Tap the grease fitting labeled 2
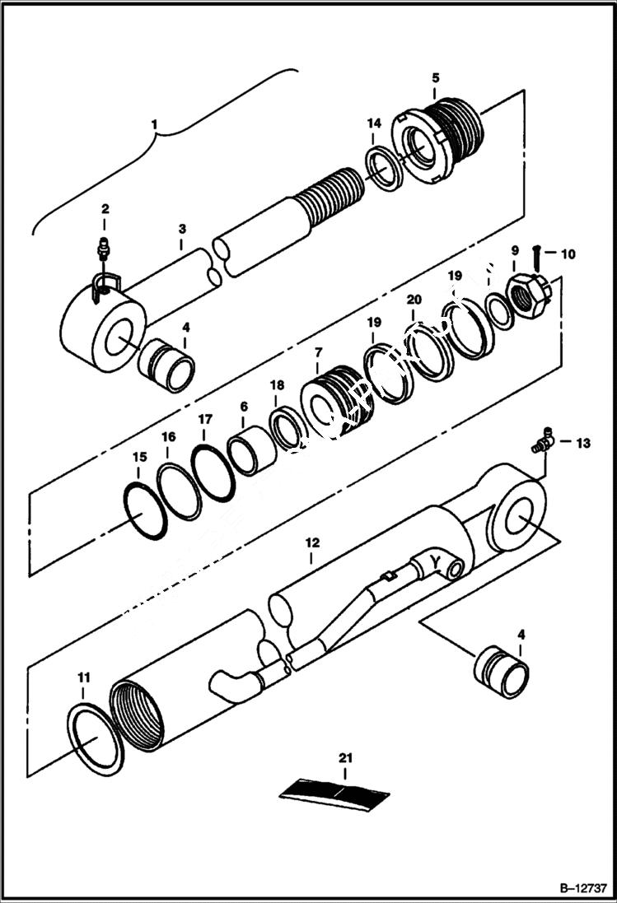(104, 246)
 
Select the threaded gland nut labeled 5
(442, 137)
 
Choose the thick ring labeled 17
(213, 472)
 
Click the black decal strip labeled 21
(334, 791)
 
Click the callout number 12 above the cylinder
(311, 543)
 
